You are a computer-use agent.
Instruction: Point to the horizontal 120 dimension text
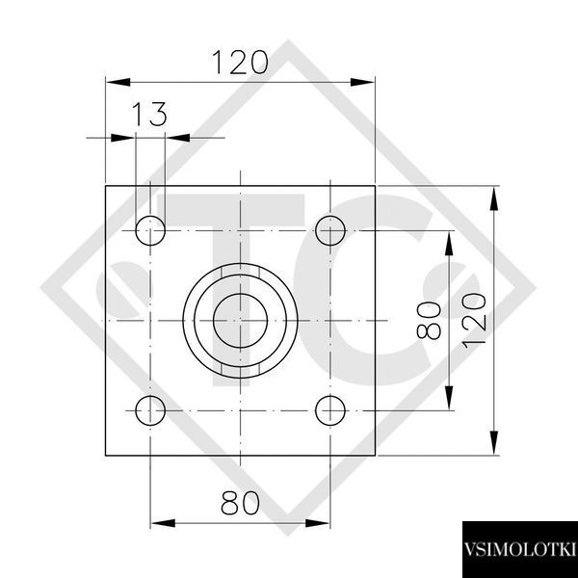pos(240,63)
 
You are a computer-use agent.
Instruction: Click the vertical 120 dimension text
pos(474,321)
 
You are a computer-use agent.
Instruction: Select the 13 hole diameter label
pos(149,115)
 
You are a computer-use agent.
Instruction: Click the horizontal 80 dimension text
pos(240,503)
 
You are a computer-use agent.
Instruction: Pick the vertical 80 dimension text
pos(429,321)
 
